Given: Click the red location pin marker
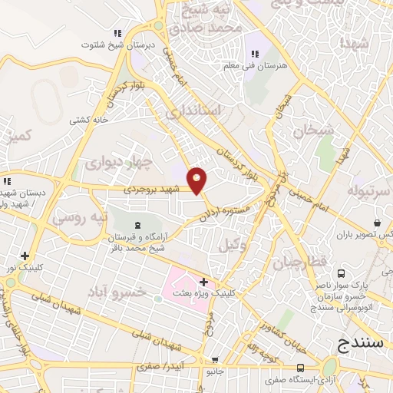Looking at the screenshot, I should click(x=197, y=180).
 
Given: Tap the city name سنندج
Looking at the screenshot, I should click(x=358, y=345).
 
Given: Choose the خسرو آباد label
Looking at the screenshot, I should click(x=138, y=292).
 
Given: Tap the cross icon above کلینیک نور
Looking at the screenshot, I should click(x=26, y=256).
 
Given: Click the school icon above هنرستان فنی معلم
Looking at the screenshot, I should click(x=255, y=54).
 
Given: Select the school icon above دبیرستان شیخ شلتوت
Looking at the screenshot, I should click(x=118, y=33).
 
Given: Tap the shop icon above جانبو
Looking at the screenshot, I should click(x=216, y=360).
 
